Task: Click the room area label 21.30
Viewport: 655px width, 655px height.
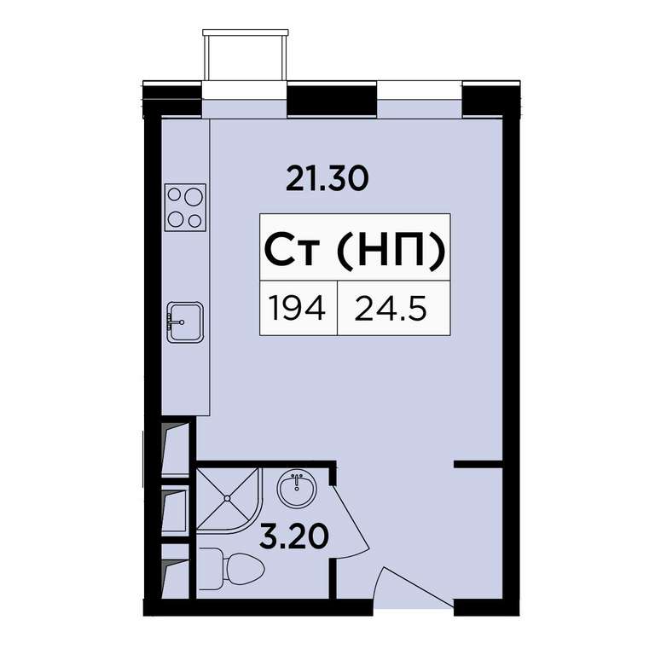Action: tap(327, 178)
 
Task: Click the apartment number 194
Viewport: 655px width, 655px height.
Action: tap(297, 307)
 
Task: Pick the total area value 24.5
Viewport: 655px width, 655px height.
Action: tap(391, 307)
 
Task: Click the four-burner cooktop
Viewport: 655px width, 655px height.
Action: tap(185, 207)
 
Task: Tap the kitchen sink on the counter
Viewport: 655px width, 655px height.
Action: tap(184, 322)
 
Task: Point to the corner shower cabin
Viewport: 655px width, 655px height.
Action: tap(228, 499)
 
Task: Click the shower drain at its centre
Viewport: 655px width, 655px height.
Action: tap(227, 498)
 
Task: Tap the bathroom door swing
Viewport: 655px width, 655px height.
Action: tap(351, 521)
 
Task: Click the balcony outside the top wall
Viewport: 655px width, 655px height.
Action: tap(246, 55)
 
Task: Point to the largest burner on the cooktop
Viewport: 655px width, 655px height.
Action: tap(194, 196)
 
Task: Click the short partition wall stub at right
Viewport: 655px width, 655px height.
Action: tap(478, 464)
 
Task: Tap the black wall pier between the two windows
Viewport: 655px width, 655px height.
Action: tap(333, 99)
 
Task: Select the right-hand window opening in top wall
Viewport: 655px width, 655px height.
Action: tap(420, 99)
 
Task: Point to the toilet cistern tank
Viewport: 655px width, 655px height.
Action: tap(209, 569)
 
